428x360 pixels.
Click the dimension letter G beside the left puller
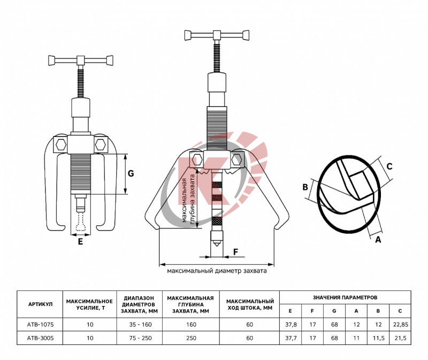point(131,174)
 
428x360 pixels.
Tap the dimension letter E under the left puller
point(80,242)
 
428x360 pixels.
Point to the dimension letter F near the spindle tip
point(236,251)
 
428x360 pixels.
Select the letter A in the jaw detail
point(378,240)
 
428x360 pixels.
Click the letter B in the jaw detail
point(305,187)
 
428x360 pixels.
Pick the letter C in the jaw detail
point(390,166)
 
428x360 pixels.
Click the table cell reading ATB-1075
point(41,325)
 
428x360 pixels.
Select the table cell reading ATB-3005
point(41,338)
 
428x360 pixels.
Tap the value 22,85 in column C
point(400,325)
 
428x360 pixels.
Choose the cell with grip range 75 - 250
point(140,338)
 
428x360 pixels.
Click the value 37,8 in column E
point(291,325)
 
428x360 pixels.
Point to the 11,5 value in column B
point(378,338)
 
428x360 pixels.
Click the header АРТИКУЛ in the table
point(41,304)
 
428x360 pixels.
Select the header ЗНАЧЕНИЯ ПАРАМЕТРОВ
point(345,297)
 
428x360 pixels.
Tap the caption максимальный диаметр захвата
point(217,271)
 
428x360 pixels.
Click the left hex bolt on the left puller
point(60,144)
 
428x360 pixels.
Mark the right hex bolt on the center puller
point(236,159)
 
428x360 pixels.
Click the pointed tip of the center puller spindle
point(217,246)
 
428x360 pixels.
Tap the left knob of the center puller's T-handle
point(188,35)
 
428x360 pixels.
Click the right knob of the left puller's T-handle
point(110,60)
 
